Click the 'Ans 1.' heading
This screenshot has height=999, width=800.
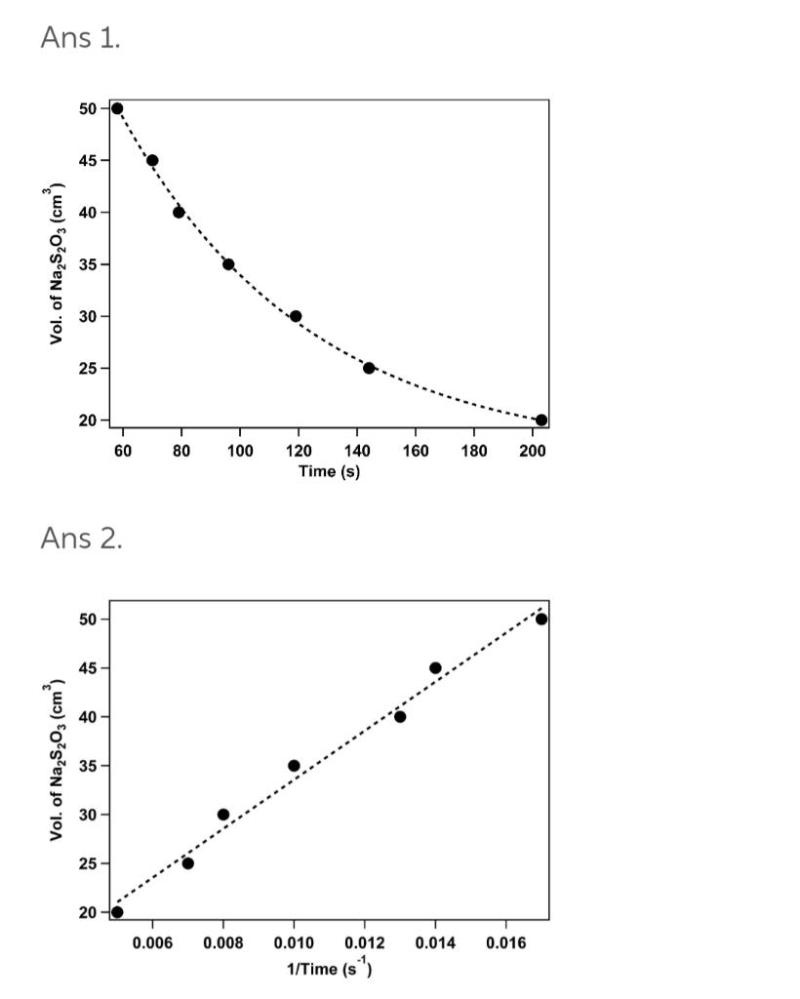pos(80,38)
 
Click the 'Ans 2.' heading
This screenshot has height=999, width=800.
pos(81,538)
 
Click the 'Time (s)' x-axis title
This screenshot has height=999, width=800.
pos(329,471)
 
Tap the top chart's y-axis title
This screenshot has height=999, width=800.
pos(59,263)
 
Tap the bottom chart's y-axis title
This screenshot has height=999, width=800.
pos(59,762)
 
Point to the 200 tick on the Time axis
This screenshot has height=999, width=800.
pos(533,450)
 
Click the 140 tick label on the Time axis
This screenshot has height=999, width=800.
pos(357,450)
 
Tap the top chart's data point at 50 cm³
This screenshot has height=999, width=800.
pos(117,108)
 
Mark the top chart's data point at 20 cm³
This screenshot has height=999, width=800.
pos(541,420)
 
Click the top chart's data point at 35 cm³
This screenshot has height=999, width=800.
pos(228,264)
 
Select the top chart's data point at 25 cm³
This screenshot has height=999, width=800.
pos(369,368)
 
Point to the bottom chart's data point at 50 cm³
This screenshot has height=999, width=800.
pos(541,619)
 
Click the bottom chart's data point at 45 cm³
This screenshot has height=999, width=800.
pos(435,668)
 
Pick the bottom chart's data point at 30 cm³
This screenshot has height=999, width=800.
pos(223,815)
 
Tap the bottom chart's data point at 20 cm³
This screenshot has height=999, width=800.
pos(117,912)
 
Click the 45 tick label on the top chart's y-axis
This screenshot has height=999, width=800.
pos(88,160)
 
